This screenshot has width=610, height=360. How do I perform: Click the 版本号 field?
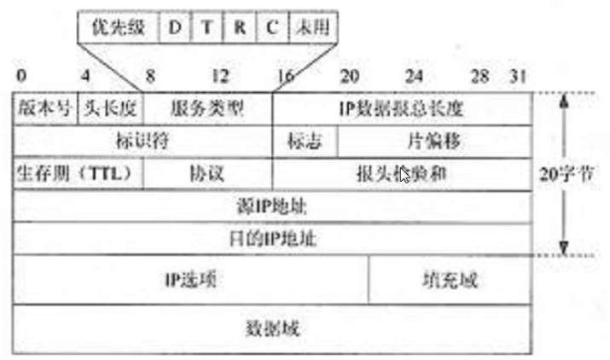(x=44, y=109)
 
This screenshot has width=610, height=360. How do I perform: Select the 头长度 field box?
(x=110, y=109)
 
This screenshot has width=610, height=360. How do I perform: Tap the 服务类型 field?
(x=207, y=109)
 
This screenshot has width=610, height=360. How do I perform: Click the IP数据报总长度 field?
(x=401, y=109)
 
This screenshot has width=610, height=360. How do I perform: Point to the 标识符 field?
(x=142, y=141)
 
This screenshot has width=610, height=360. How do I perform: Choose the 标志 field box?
(x=305, y=141)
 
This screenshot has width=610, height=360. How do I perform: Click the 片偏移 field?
(x=433, y=141)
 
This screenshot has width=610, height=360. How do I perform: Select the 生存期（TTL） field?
(x=78, y=173)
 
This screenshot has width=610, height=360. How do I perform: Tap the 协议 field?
(x=207, y=173)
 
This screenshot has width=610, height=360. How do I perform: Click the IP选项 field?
(x=190, y=279)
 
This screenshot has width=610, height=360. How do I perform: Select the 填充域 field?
(x=449, y=279)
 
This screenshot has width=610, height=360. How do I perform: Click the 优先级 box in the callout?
(x=118, y=27)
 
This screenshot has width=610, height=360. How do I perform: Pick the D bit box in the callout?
(x=175, y=27)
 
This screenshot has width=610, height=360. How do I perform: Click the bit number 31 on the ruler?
(x=518, y=77)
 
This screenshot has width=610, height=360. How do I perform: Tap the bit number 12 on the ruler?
(x=220, y=77)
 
